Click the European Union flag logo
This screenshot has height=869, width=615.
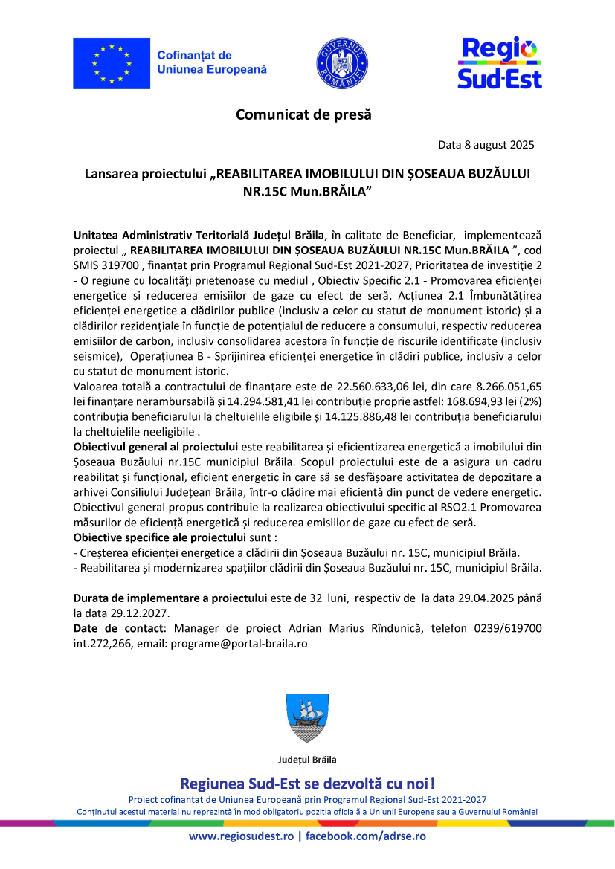(x=111, y=63)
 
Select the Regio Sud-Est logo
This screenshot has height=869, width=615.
(x=499, y=63)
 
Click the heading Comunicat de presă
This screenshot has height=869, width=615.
(x=303, y=114)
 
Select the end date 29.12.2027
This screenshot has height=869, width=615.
(x=144, y=613)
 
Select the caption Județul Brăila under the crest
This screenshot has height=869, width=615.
(x=307, y=760)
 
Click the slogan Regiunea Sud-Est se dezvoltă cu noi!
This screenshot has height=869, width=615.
(x=307, y=783)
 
